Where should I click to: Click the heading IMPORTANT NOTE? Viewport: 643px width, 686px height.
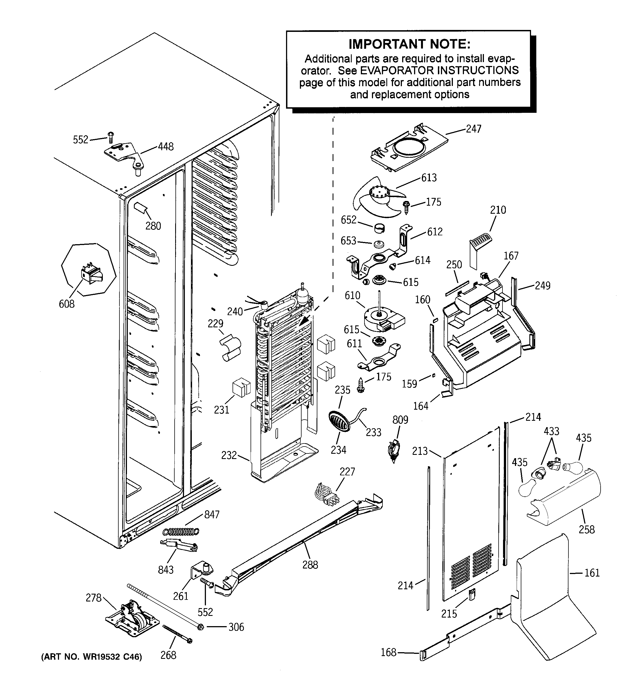[409, 44]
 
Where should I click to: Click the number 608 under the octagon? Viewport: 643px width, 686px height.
[67, 304]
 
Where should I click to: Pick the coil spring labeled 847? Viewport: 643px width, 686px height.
[181, 532]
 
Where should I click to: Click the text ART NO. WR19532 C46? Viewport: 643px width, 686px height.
[91, 657]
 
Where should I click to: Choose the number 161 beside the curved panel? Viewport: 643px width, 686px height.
[592, 573]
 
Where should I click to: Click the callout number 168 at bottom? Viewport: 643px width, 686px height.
[388, 652]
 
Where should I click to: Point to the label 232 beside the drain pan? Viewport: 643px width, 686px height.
[229, 455]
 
